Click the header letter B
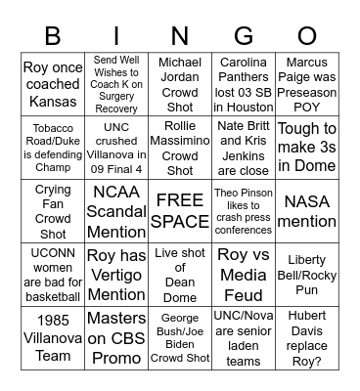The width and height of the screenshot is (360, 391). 54,36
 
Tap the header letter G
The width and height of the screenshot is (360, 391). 244,36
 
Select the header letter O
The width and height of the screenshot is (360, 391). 307,36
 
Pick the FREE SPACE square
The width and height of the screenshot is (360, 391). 180,212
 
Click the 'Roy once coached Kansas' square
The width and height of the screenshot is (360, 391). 53,85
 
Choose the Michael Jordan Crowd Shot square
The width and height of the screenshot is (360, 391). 180,85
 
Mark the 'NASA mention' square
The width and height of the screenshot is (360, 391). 307,212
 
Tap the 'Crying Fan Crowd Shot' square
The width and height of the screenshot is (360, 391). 53,212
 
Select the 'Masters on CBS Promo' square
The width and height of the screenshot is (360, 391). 116,338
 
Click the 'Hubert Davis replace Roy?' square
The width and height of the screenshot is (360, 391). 307,338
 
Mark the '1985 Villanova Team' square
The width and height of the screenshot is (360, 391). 53,338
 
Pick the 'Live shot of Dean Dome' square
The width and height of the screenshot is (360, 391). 180,276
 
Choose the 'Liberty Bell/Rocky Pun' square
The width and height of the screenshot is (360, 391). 307,276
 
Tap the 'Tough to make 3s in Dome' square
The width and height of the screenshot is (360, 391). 307,149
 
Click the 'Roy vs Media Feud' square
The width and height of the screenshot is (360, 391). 244,276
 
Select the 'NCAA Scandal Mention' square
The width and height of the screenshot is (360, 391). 116,212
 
